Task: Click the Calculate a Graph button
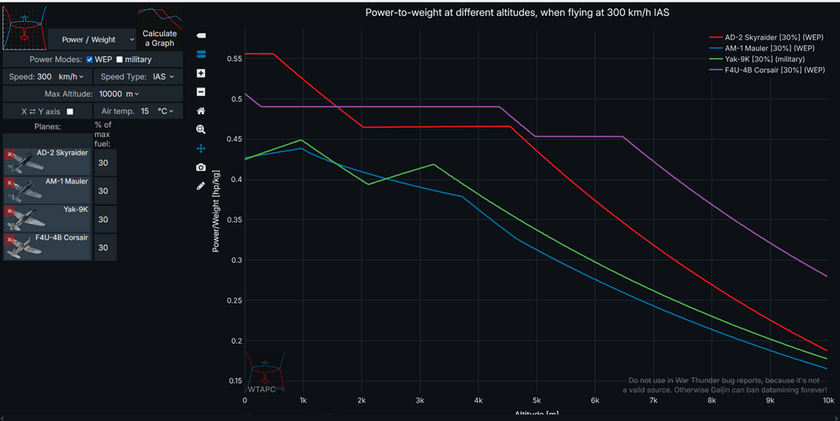coord(159,39)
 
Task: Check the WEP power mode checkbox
coord(89,60)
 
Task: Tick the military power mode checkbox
coord(119,60)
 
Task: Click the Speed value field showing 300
coord(45,76)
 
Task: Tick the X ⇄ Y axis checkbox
coord(70,111)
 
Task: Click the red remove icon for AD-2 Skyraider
coord(10,155)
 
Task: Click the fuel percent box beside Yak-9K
coord(104,219)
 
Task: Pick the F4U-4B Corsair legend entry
coord(767,71)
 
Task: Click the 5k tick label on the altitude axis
coord(536,401)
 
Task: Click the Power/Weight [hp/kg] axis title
coord(216,210)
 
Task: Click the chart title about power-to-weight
coord(517,13)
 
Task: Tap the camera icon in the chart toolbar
coord(201,167)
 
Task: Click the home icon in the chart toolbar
coord(201,111)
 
